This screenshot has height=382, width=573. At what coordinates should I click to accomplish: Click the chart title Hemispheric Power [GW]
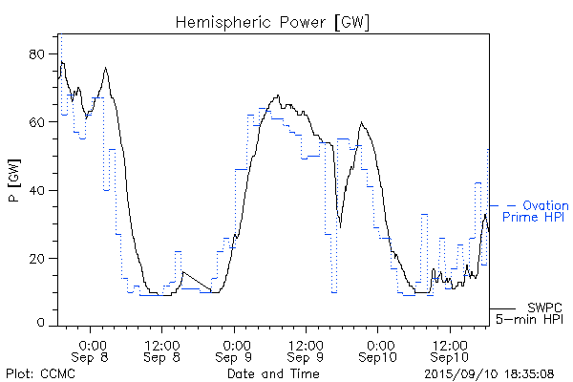[272, 20]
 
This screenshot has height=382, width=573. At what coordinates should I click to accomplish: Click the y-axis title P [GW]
[13, 181]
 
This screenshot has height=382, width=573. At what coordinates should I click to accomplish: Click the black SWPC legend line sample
[503, 308]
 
